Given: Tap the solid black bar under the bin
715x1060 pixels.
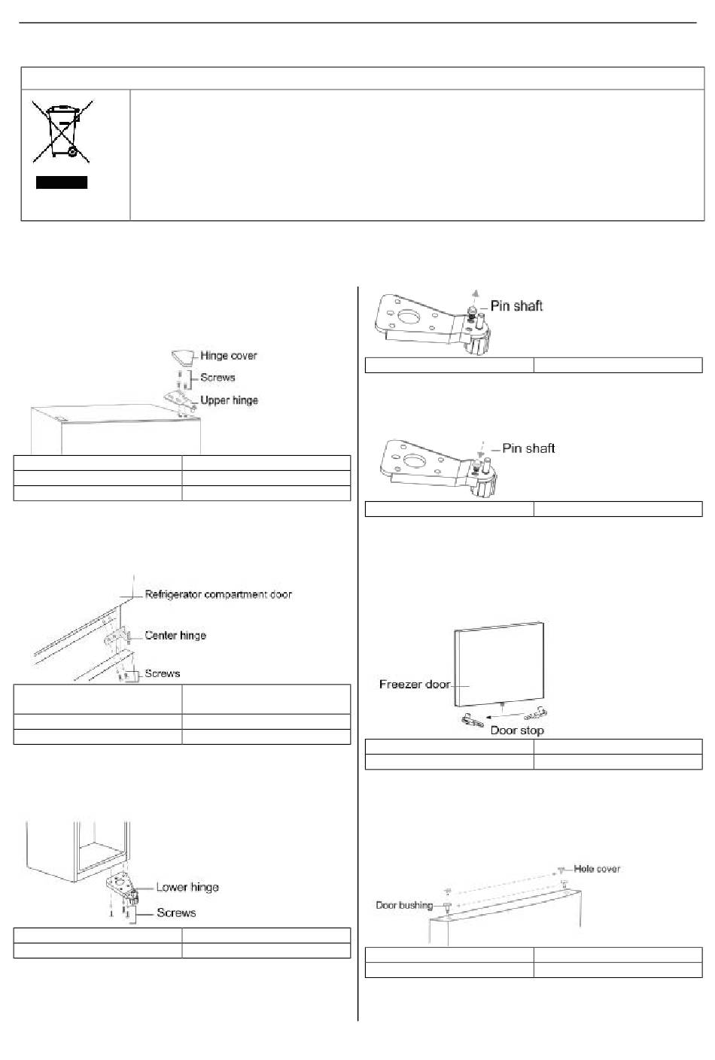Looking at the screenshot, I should (62, 182).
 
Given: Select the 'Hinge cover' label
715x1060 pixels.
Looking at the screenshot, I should (228, 356).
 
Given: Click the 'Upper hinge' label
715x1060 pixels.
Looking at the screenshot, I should (229, 400).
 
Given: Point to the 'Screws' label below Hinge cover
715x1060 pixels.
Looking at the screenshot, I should (218, 378).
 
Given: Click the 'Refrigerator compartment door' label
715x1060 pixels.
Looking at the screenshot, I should (218, 594).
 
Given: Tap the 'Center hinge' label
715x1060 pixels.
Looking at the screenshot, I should (175, 636).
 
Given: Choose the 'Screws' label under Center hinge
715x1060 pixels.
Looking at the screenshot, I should (162, 673).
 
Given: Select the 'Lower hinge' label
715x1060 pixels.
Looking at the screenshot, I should (187, 888).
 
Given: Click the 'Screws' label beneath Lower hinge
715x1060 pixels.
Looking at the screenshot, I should (176, 913).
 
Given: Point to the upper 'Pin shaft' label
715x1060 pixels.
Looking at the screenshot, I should (516, 305).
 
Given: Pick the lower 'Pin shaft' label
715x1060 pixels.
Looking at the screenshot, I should (528, 448).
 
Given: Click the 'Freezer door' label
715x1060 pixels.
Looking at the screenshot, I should (415, 685).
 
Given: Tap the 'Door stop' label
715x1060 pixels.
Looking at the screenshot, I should (517, 730).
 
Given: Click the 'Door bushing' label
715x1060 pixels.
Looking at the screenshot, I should (404, 905).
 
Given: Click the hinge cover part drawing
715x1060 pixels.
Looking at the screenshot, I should (182, 356).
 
